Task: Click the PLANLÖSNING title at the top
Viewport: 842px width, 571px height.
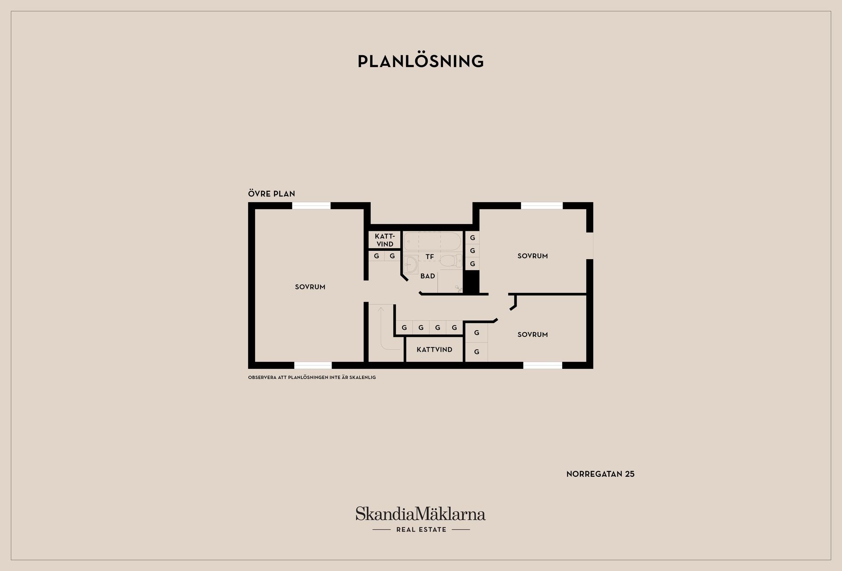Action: [421, 61]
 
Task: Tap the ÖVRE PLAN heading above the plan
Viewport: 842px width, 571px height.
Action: [271, 193]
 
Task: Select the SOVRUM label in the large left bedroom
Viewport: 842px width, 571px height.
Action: [310, 287]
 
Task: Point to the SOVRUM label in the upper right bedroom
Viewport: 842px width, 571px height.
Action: [532, 256]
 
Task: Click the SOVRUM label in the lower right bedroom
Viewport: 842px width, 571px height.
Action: [532, 335]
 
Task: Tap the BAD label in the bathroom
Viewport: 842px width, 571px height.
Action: [428, 276]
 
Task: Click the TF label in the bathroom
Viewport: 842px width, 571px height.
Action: [430, 257]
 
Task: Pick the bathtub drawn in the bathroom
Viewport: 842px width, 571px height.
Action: [432, 242]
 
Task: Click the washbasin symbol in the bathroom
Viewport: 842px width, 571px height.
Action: [411, 264]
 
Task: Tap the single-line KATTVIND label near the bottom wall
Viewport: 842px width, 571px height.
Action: [434, 350]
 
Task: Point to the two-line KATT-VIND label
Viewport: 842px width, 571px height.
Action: [385, 240]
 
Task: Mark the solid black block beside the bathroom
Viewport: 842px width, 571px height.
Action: [471, 282]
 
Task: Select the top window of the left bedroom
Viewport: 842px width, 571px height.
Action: [311, 206]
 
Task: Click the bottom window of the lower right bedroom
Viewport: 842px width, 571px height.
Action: [542, 365]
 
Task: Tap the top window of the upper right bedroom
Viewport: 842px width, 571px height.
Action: [542, 206]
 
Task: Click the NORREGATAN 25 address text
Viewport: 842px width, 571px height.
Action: [600, 474]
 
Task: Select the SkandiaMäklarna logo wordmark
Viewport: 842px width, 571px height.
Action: [421, 514]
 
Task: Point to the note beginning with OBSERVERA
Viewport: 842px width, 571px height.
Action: [312, 378]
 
